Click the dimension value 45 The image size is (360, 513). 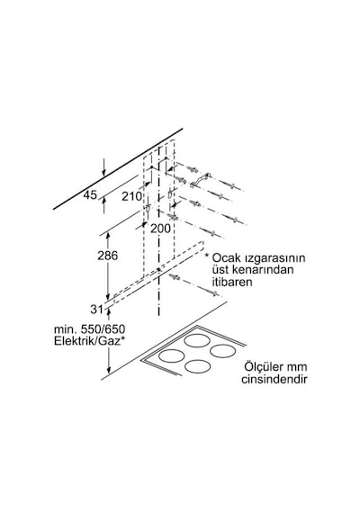point(90,195)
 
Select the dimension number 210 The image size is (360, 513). point(132,196)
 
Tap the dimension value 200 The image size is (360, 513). point(160,229)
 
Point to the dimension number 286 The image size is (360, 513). point(108,256)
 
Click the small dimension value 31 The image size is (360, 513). point(96,310)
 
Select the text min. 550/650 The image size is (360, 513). point(89,329)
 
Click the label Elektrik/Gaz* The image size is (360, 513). point(89,341)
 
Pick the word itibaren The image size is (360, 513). point(232,282)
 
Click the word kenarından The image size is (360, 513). point(263,270)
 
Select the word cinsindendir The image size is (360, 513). point(274,379)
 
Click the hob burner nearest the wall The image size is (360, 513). point(197,340)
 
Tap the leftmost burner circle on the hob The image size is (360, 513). point(171,355)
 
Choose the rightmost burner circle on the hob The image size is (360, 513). point(223,351)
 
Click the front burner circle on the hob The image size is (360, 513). point(198,366)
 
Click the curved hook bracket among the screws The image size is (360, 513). point(200,181)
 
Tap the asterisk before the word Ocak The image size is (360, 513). point(206,255)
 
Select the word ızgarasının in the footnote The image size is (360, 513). point(274,258)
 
